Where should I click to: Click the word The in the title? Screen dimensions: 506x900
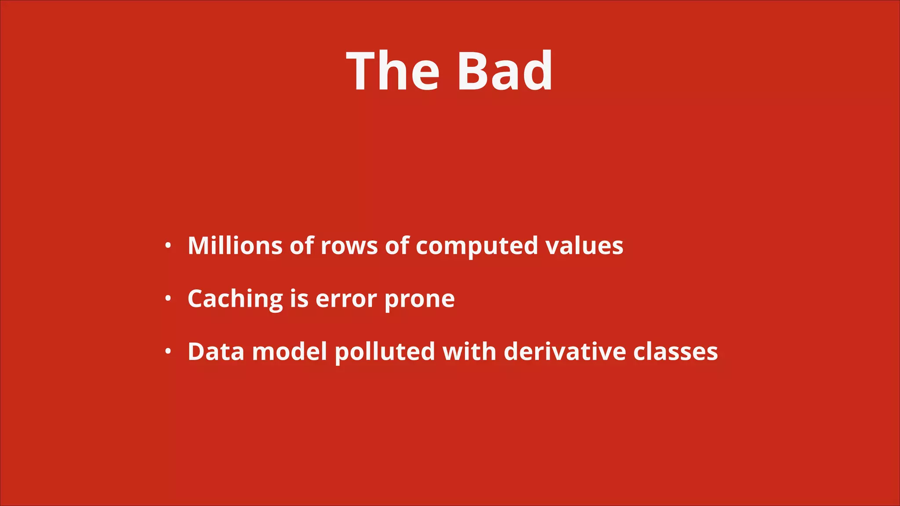[x=392, y=71]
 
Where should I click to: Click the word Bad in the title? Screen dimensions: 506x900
[x=504, y=71]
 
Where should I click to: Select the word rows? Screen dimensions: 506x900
[x=349, y=246]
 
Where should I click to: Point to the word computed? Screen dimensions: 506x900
[x=476, y=246]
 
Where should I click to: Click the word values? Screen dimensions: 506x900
[x=584, y=246]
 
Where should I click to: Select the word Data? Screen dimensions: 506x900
[x=216, y=352]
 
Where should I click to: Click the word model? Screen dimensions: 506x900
[x=290, y=352]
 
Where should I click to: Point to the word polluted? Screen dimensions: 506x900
[x=385, y=352]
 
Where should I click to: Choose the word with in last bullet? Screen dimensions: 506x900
[x=469, y=352]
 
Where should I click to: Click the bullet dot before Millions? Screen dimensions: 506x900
[x=168, y=246]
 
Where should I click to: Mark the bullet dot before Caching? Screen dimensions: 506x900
[x=168, y=299]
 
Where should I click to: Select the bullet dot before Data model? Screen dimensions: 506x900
[x=168, y=352]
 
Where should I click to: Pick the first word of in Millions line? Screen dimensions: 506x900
[x=302, y=246]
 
